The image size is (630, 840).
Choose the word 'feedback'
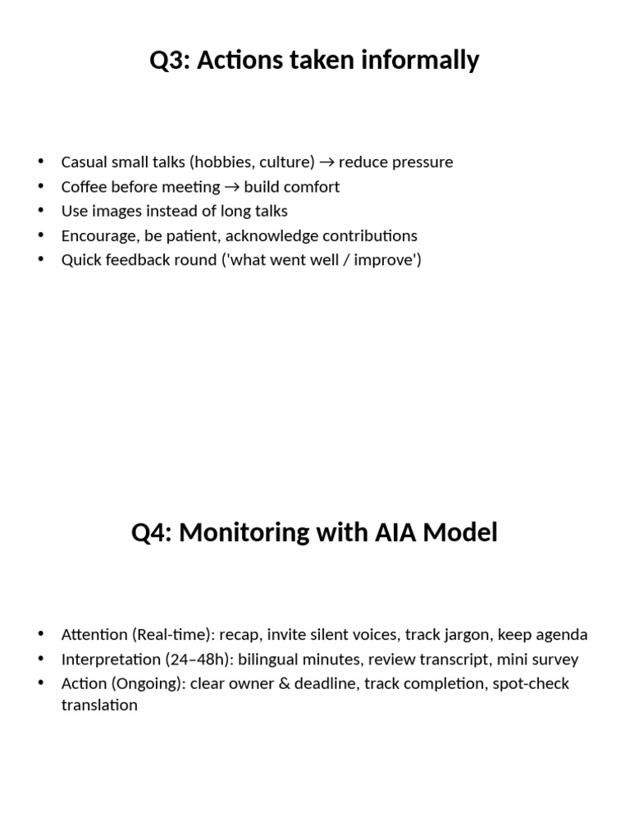coord(138,261)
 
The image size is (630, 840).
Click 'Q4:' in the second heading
coord(152,533)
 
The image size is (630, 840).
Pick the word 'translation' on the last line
coord(99,705)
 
